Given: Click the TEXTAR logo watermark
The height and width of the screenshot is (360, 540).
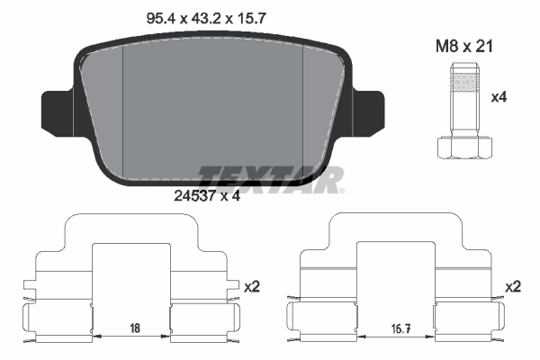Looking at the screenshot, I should [x=270, y=179].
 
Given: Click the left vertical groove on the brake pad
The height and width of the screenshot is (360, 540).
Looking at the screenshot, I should [x=121, y=108].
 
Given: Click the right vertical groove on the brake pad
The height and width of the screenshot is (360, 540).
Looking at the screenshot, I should [x=304, y=108].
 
